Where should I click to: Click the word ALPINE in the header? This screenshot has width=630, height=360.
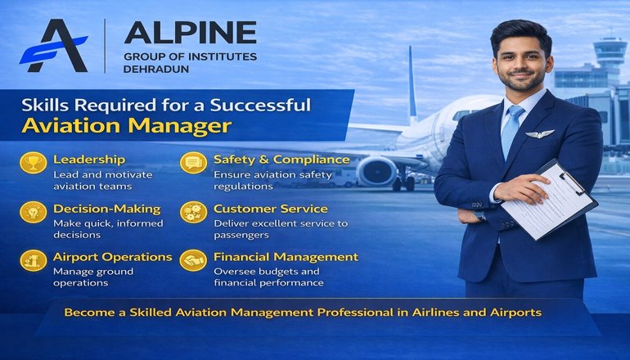[190, 34]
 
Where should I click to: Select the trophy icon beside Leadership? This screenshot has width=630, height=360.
[33, 162]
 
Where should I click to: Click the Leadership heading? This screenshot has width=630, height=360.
[89, 160]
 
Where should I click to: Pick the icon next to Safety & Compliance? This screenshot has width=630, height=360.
[193, 162]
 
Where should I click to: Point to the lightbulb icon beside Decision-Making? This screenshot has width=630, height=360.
[33, 211]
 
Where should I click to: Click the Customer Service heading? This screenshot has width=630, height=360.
[270, 209]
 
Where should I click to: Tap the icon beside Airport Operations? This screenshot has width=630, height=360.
[33, 260]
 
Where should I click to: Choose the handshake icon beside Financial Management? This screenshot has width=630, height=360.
[193, 260]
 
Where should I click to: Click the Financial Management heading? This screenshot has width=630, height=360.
[286, 257]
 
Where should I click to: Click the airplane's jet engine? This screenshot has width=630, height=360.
[377, 171]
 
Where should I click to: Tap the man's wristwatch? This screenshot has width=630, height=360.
[480, 215]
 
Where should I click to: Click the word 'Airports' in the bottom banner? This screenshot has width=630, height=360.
[511, 313]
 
